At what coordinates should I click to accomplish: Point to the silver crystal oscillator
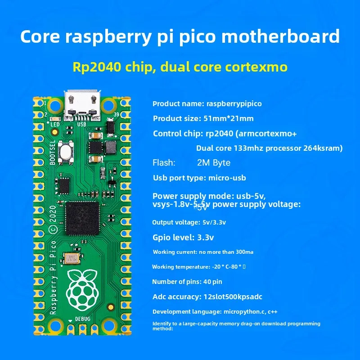[71, 258]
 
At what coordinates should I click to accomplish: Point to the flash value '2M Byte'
[214, 163]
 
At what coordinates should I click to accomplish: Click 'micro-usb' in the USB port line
[227, 178]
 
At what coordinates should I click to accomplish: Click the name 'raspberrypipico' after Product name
[234, 103]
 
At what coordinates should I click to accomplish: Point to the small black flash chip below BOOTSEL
[64, 185]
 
